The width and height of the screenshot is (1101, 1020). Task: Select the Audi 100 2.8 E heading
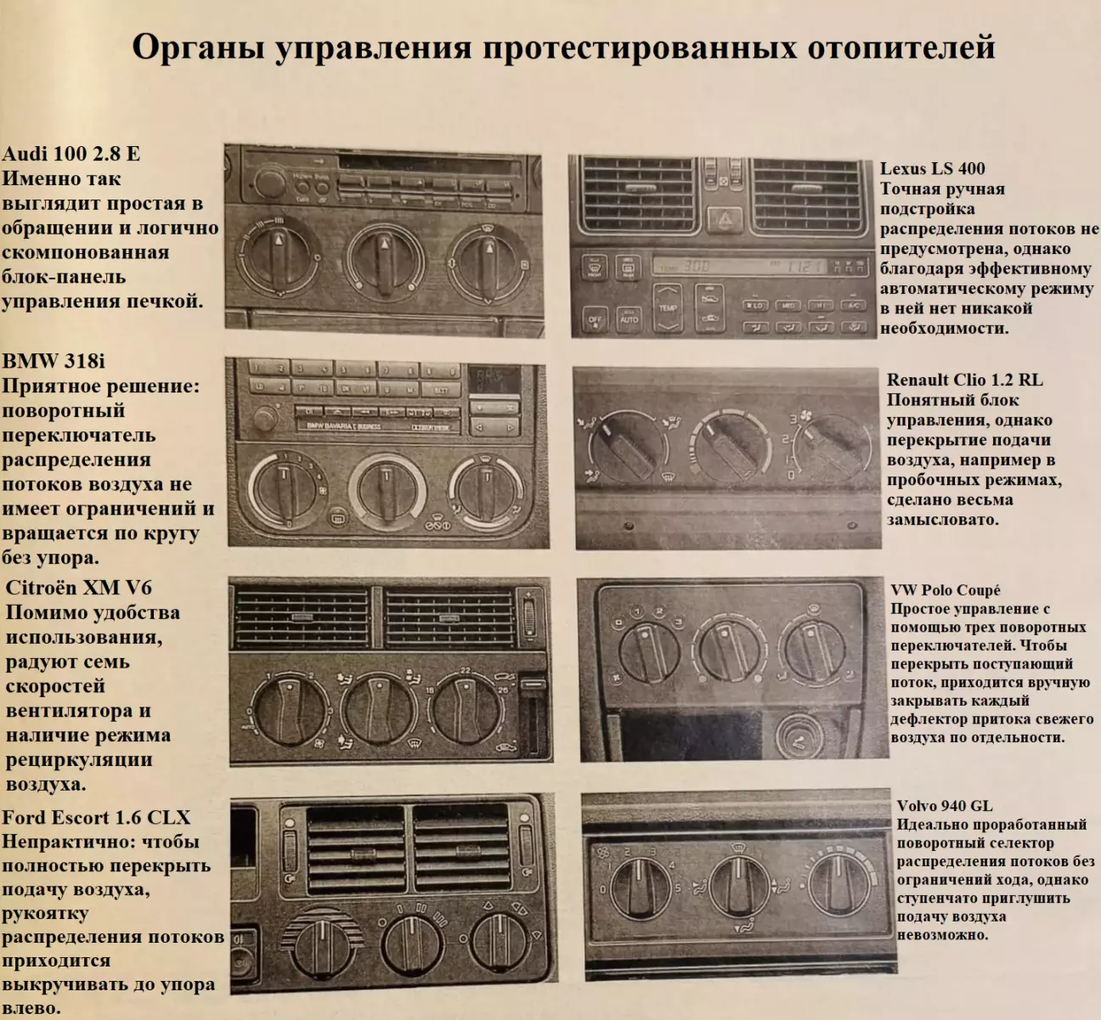[71, 154]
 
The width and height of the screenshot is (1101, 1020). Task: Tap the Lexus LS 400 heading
[933, 168]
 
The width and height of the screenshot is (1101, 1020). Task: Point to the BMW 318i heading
[54, 361]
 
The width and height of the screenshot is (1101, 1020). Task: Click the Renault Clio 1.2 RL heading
[964, 380]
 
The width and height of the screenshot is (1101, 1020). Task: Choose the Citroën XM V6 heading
[78, 588]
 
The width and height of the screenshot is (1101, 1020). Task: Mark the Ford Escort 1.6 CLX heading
[96, 818]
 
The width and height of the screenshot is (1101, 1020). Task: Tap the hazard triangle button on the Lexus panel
[724, 218]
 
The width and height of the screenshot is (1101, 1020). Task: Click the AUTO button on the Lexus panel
[629, 318]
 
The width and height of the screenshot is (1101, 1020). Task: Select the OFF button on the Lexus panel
[595, 320]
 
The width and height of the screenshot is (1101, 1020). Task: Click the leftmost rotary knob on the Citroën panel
[289, 711]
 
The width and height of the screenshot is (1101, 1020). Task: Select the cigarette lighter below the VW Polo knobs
[799, 736]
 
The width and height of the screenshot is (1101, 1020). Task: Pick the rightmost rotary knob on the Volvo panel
[838, 885]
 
